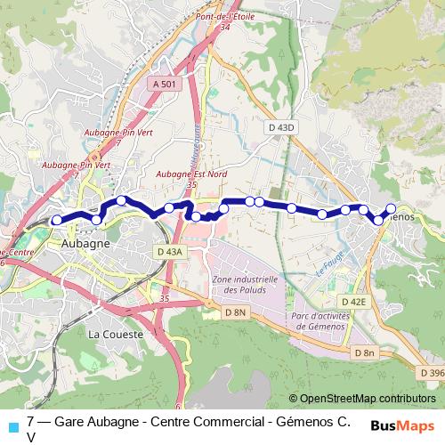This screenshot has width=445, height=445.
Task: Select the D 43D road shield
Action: [281, 128]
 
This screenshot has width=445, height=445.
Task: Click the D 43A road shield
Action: [169, 252]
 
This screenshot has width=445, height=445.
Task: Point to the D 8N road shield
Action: [235, 312]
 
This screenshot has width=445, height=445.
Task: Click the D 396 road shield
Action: [432, 372]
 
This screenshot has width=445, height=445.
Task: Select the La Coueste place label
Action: [110, 333]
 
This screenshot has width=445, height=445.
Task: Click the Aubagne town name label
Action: [86, 242]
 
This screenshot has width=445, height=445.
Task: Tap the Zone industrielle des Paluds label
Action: [246, 284]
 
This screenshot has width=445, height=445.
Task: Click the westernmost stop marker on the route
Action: [57, 220]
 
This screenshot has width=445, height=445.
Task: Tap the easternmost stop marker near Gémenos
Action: [390, 209]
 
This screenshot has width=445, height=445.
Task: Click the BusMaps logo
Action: [402, 425]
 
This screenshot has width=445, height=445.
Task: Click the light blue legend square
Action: [13, 426]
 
